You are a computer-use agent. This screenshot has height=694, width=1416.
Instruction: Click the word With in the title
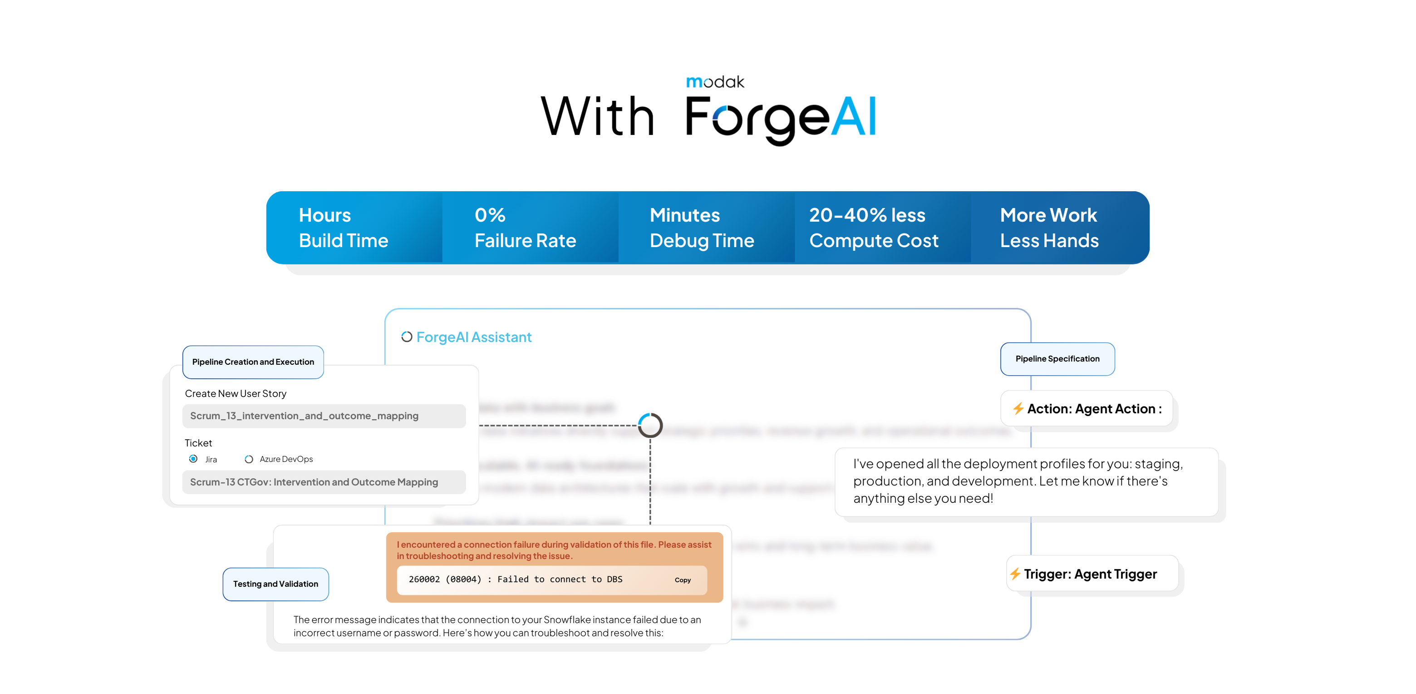[x=598, y=117]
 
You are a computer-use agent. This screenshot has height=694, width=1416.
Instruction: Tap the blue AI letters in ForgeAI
[x=853, y=117]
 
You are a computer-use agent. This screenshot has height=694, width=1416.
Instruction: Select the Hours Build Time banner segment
[x=344, y=228]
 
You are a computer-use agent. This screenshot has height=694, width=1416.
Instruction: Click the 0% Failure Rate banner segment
[x=525, y=228]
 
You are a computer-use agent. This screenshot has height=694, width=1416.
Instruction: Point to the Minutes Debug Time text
[x=701, y=228]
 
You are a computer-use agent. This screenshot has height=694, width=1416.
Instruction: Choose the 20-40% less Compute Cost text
[x=874, y=228]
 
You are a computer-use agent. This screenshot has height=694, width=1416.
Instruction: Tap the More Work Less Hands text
[x=1049, y=228]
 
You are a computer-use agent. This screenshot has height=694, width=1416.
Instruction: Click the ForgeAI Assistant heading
[x=473, y=337]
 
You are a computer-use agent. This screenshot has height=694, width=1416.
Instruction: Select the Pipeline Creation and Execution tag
[x=253, y=362]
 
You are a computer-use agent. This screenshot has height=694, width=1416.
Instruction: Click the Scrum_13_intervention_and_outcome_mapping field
[x=324, y=416]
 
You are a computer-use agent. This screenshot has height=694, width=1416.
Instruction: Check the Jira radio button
[x=193, y=459]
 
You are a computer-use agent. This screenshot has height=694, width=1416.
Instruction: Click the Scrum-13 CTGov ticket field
[x=324, y=482]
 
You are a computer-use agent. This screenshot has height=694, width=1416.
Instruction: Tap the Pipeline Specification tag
[x=1057, y=358]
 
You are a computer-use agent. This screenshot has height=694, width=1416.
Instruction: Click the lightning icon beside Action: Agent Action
[x=1018, y=409]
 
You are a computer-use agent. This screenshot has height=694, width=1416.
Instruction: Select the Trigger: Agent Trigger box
[x=1091, y=574]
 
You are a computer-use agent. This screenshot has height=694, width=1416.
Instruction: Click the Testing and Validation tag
[x=275, y=584]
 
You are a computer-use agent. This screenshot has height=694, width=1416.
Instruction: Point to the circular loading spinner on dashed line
[x=650, y=425]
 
